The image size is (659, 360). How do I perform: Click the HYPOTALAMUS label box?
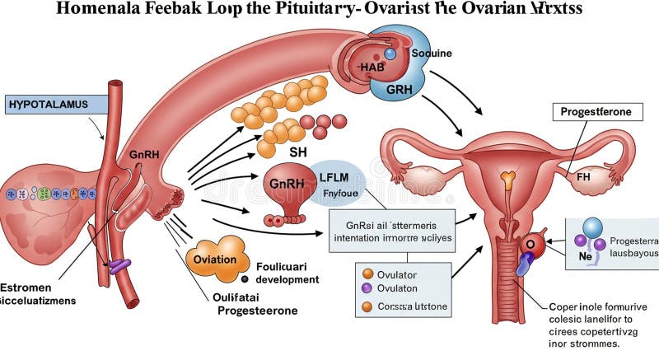pos(57,105)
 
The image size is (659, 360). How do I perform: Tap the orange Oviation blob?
pos(215,259)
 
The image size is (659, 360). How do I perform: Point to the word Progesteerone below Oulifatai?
pos(257,311)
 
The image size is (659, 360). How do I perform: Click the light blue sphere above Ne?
pos(593,229)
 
